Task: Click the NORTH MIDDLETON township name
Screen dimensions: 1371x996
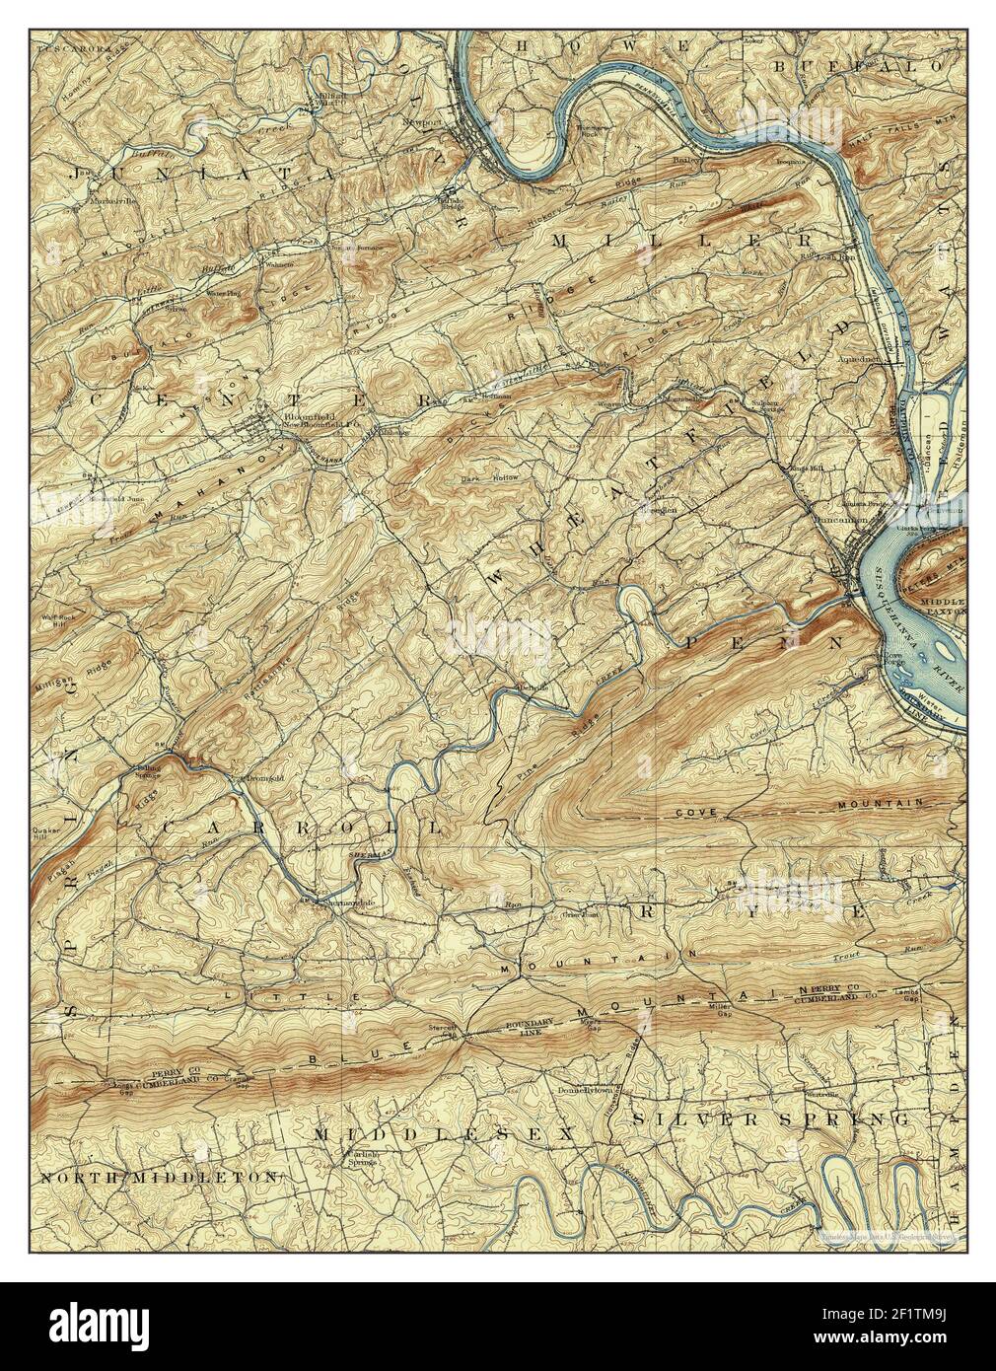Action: (x=160, y=1178)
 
